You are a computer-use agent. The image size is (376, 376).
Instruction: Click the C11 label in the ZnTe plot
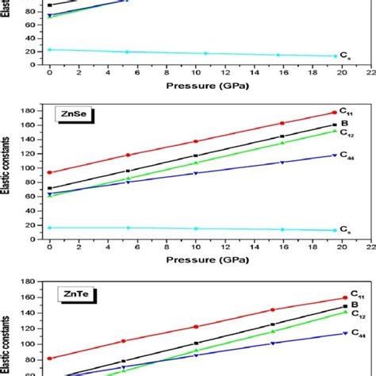coord(346,295)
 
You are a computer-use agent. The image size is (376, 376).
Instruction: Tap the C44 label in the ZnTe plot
coord(346,334)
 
